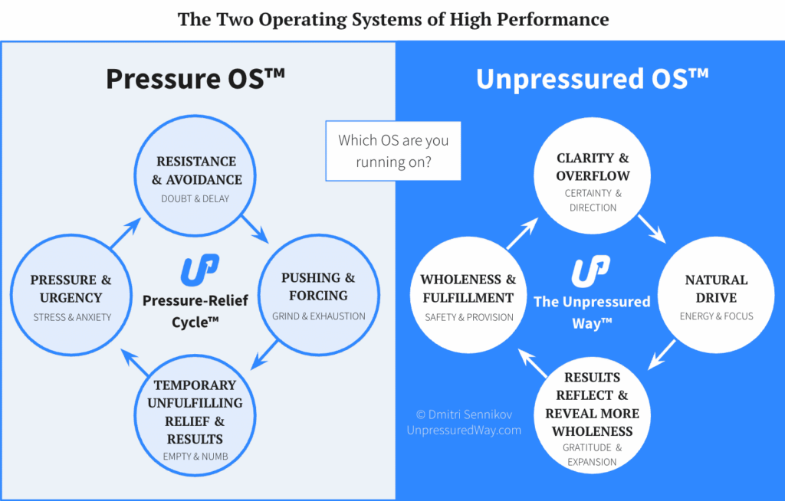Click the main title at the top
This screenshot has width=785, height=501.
392,19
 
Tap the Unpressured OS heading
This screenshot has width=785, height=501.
592,79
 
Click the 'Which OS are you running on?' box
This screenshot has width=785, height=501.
393,151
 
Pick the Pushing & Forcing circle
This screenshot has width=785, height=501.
318,295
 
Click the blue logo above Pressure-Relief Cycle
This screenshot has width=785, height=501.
199,271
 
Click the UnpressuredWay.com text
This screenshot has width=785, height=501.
464,431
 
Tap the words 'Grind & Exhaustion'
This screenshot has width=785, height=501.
318,316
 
